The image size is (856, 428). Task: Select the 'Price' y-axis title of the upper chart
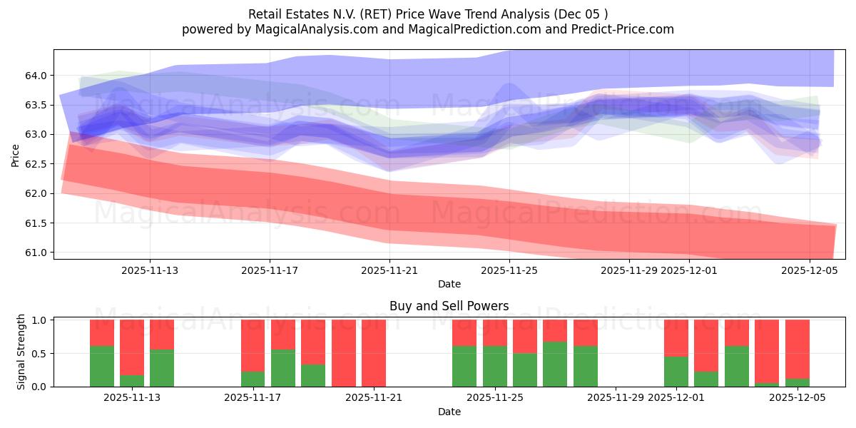[x=16, y=155]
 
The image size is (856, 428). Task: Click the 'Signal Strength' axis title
[x=21, y=352]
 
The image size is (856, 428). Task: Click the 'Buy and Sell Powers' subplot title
[x=449, y=306]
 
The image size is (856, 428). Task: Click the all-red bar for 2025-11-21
[x=374, y=352]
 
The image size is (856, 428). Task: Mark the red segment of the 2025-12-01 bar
[x=676, y=337]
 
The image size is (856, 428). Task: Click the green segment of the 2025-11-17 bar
[x=253, y=379]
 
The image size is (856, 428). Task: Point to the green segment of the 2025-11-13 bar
[x=162, y=368]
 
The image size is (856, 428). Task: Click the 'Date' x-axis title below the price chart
[x=449, y=284]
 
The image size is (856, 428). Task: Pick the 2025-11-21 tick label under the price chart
[x=389, y=270]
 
